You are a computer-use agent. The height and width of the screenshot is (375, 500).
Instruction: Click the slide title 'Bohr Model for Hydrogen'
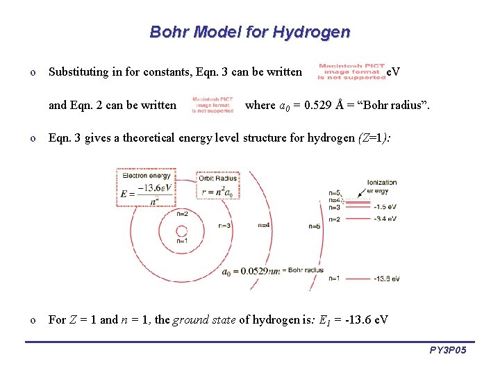point(250,32)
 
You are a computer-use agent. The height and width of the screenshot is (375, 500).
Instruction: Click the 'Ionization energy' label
point(381,186)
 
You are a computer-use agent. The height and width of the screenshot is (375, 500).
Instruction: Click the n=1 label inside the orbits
point(182,241)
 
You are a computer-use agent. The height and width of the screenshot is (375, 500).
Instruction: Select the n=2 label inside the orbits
point(182,214)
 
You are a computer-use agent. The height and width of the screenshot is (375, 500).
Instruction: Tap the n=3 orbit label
point(224,226)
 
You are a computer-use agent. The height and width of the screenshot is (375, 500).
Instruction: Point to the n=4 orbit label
point(265,225)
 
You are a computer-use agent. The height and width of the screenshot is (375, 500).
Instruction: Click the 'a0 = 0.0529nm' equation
point(250,271)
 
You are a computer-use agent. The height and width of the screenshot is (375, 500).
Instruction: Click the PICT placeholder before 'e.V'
point(351,72)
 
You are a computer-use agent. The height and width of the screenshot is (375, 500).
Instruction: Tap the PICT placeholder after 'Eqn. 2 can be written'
point(212,105)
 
